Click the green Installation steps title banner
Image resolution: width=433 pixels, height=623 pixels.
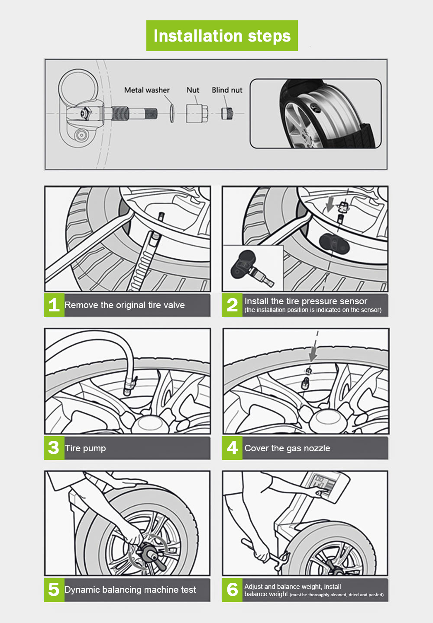[222, 36]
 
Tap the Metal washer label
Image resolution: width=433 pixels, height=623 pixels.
[147, 90]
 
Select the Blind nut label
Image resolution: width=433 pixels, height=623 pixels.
[227, 90]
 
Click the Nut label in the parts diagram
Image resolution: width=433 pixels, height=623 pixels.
[193, 90]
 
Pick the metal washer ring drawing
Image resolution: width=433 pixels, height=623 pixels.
[172, 113]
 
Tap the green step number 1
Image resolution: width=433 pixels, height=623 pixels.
[54, 305]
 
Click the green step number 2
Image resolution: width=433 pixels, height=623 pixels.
[232, 305]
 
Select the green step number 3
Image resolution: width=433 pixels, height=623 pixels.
[54, 448]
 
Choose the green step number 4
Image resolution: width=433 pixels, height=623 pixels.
[232, 448]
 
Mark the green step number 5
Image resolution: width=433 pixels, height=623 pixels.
[54, 589]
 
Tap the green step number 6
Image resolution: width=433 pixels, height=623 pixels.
[232, 589]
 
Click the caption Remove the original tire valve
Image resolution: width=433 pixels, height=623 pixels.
[125, 305]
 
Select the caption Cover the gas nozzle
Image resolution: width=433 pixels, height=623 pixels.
[287, 448]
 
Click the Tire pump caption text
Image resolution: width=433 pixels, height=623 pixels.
[85, 448]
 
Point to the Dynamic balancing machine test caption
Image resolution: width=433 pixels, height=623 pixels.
[130, 590]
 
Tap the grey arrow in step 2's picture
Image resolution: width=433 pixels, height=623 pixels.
[330, 204]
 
